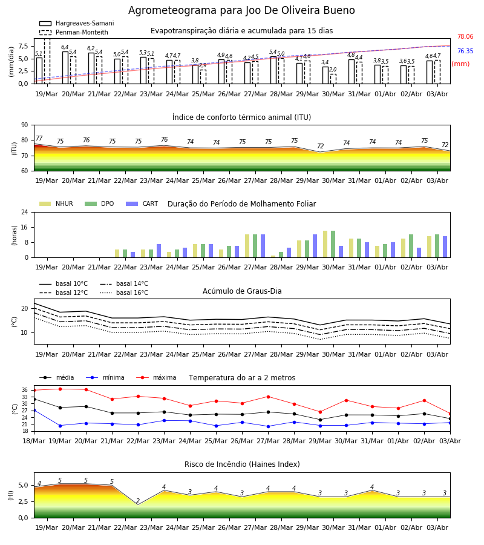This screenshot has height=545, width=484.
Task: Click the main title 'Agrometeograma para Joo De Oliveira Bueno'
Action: [x=241, y=10]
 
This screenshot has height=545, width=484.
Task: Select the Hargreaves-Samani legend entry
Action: [x=77, y=23]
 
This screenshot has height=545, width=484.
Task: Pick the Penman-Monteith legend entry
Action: [x=74, y=32]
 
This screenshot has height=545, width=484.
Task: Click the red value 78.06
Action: [x=465, y=36]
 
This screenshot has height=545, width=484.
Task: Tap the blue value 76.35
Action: [x=465, y=51]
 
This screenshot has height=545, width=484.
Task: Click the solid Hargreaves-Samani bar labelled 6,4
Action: [x=65, y=68]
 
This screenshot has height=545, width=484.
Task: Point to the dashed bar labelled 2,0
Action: [x=333, y=79]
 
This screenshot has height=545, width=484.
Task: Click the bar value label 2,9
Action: [x=203, y=65]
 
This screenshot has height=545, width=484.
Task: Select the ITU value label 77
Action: [x=39, y=138]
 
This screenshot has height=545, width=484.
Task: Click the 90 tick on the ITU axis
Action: [x=25, y=125]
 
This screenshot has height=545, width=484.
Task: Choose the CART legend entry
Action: [x=142, y=203]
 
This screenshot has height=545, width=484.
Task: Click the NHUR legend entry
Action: [x=56, y=203]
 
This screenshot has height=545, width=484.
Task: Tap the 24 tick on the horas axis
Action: [x=25, y=212]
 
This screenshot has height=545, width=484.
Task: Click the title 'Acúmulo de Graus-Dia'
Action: [x=242, y=291]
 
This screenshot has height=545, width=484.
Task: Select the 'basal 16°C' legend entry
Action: [x=124, y=292]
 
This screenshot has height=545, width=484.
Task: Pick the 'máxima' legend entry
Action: [x=156, y=377]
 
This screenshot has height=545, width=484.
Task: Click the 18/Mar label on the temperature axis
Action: [x=34, y=441]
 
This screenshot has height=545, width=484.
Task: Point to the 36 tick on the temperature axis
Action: [x=25, y=391]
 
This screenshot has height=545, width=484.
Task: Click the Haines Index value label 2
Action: [x=138, y=501]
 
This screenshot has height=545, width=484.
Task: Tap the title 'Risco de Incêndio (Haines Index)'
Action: [x=242, y=464]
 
